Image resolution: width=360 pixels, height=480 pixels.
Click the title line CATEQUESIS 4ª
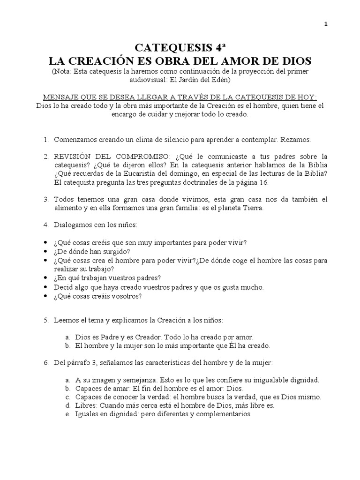click(x=180, y=48)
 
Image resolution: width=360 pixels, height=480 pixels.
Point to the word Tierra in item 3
click(x=253, y=208)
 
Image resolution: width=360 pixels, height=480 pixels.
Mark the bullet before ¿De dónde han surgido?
click(x=45, y=251)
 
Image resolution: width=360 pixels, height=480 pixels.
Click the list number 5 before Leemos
click(x=46, y=320)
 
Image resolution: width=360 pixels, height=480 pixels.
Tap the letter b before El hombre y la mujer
click(x=68, y=345)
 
